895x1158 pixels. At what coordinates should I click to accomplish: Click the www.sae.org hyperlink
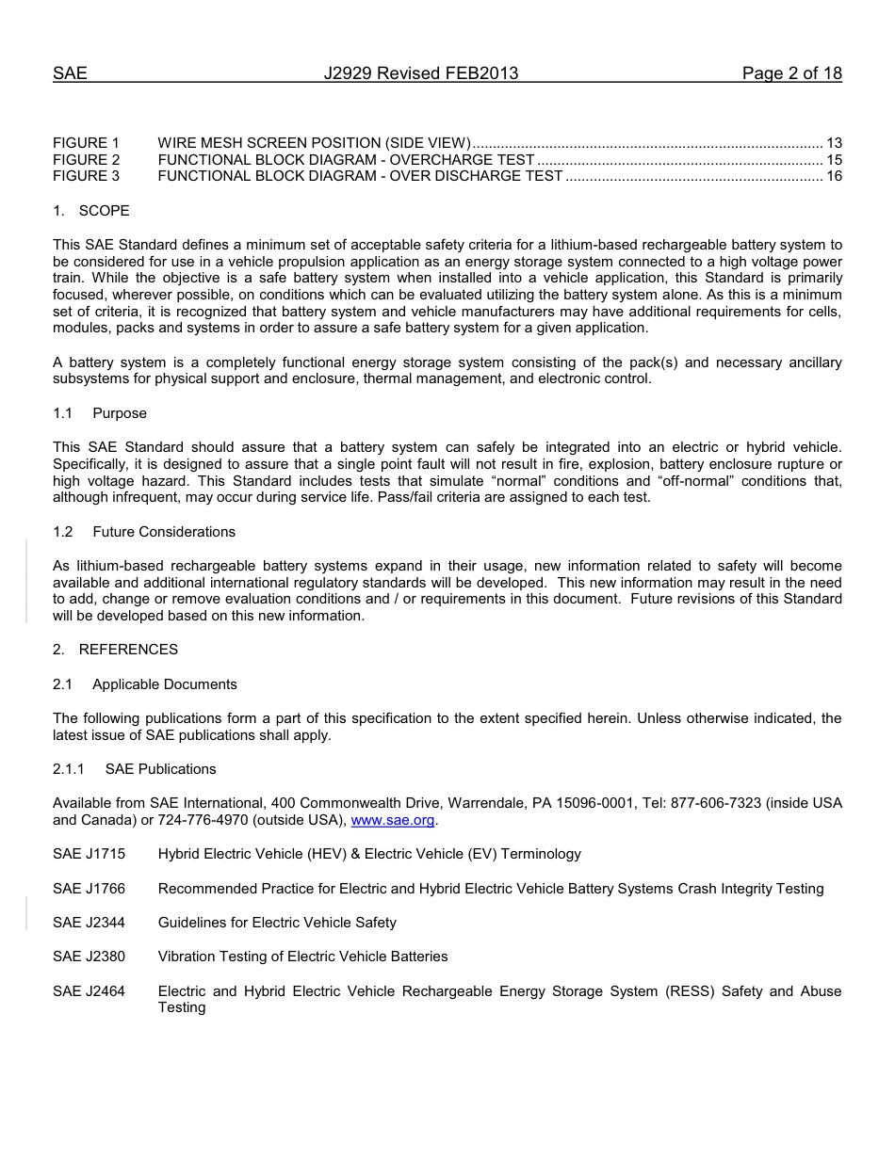click(x=392, y=820)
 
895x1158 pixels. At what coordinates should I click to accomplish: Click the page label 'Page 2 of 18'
click(x=791, y=73)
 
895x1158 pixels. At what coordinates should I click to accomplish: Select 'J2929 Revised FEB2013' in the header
click(x=420, y=73)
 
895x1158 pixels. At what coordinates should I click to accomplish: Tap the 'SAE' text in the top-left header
click(x=70, y=73)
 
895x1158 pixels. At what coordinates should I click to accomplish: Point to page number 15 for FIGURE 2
click(x=833, y=160)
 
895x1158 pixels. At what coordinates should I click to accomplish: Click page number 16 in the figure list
click(x=833, y=176)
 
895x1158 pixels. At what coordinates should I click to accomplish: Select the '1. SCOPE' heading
click(x=91, y=211)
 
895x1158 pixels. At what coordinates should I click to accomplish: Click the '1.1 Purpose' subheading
click(x=100, y=413)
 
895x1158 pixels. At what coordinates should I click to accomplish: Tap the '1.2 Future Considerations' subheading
click(x=144, y=532)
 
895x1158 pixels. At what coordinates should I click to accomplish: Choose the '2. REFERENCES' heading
click(x=115, y=650)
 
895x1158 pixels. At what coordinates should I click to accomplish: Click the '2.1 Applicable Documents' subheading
click(x=145, y=684)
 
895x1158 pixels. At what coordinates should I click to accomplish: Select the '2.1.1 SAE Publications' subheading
click(x=135, y=769)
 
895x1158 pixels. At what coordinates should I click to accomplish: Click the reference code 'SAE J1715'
click(x=89, y=854)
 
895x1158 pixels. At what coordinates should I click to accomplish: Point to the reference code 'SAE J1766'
click(x=89, y=889)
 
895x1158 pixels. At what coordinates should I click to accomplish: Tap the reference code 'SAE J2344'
click(x=89, y=923)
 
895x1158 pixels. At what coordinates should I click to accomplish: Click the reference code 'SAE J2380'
click(x=89, y=957)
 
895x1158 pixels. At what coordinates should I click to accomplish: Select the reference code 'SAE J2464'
click(x=89, y=991)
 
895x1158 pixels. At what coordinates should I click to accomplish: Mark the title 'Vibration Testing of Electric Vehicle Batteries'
click(x=302, y=957)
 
